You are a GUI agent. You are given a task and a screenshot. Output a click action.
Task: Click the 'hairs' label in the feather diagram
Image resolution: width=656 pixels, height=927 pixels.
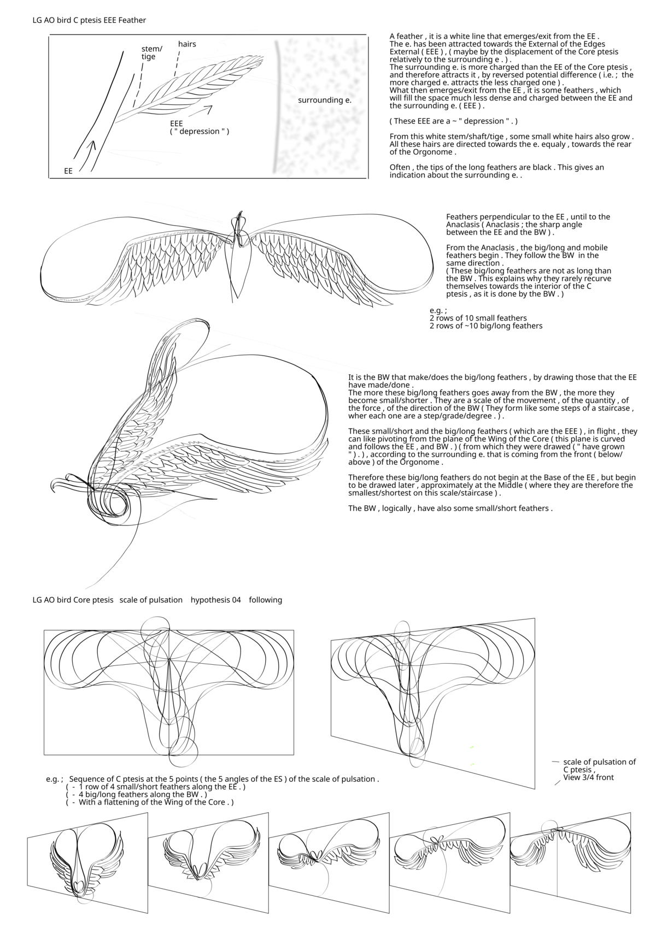point(187,44)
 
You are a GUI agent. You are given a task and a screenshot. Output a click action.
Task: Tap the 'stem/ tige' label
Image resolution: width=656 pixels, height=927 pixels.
point(151,52)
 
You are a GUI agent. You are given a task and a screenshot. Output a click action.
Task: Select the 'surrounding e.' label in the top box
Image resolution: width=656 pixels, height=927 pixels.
point(324,100)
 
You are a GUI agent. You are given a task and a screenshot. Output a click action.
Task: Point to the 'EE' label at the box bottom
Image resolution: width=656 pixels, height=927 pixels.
point(68,171)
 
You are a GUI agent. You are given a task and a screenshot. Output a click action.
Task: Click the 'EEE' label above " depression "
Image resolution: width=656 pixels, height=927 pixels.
point(176,123)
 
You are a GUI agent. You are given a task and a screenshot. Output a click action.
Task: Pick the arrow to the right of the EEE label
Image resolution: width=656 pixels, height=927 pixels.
point(203,110)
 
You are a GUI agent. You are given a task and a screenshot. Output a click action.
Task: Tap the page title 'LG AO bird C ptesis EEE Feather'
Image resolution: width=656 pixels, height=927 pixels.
point(89,20)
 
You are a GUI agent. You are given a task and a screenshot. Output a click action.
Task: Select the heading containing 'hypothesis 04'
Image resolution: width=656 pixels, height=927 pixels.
point(157,600)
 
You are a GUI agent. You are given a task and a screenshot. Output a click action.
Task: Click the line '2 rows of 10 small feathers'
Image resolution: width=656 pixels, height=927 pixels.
point(478,318)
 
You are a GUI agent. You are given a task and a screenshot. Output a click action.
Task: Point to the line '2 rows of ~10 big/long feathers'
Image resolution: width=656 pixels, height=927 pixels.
point(486,326)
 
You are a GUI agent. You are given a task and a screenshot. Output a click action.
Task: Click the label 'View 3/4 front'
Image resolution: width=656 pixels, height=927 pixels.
point(588,777)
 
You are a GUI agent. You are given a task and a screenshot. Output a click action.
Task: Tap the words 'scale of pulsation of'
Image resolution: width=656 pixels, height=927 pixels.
point(599,762)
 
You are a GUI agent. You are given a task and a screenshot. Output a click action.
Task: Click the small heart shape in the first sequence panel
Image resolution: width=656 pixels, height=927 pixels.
point(78,883)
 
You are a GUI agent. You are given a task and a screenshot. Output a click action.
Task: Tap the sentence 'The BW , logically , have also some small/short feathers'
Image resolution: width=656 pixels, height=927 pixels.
point(450,508)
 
